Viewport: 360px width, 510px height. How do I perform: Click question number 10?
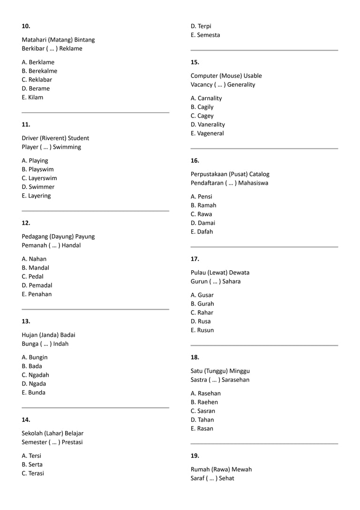coord(26,26)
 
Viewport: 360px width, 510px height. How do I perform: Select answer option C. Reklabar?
coord(37,80)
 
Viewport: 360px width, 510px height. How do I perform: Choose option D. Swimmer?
coord(38,187)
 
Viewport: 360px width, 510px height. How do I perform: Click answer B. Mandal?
coord(36,268)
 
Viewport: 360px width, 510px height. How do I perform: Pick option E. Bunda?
coord(34,393)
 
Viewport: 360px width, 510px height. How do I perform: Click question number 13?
coord(26,321)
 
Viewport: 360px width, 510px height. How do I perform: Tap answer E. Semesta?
coord(205,35)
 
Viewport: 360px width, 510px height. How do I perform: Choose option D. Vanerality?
coord(208,125)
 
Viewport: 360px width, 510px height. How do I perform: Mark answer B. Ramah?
coord(203,206)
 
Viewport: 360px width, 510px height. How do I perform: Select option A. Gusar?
coord(202,295)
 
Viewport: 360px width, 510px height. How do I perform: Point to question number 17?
coord(195,259)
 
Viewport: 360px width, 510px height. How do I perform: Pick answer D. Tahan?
coord(202,420)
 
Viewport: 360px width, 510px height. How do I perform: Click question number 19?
coord(195,456)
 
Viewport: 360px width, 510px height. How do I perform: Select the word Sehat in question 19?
coord(226,478)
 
